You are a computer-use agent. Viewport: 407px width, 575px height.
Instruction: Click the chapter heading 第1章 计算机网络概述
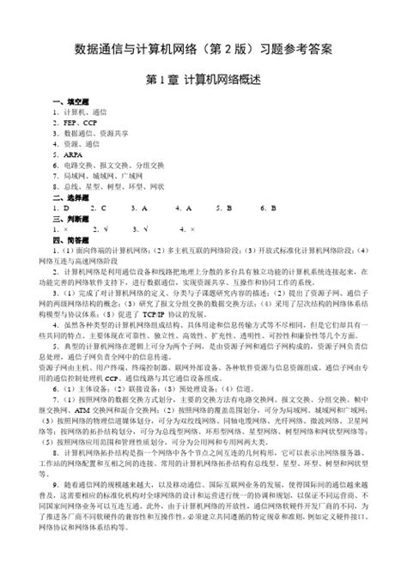[x=203, y=80]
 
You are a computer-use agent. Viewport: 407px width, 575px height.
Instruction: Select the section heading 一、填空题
[x=70, y=101]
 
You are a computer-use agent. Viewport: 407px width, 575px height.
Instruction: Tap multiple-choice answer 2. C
[x=97, y=208]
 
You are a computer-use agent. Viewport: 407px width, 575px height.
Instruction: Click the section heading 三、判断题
[x=70, y=218]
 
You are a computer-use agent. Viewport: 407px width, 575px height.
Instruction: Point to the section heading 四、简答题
[x=70, y=239]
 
